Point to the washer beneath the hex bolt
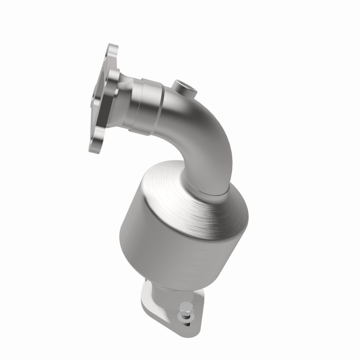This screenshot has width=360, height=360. [186, 316]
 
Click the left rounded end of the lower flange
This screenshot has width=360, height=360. [144, 297]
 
